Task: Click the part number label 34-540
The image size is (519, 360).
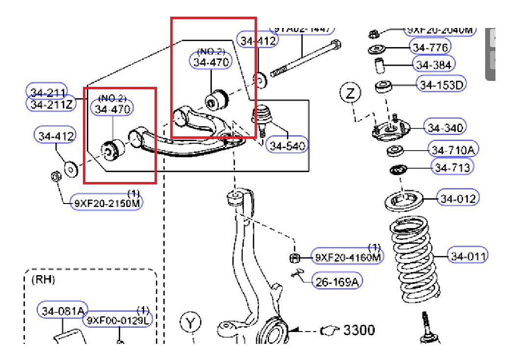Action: click(x=287, y=145)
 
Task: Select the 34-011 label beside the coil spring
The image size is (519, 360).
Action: click(x=468, y=256)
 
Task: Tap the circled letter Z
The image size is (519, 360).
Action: click(x=350, y=93)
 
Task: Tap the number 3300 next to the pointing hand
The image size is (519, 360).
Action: click(x=359, y=331)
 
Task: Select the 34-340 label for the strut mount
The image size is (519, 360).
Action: click(x=444, y=128)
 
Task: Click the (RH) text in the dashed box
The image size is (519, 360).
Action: click(x=43, y=280)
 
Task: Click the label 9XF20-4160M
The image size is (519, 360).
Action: click(x=347, y=257)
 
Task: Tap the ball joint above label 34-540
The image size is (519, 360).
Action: click(x=261, y=116)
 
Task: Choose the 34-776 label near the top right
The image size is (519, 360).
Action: click(x=430, y=47)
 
